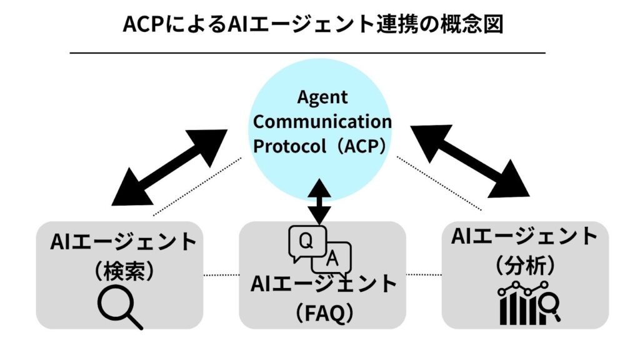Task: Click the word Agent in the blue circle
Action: (322, 98)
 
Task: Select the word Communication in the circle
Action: (322, 121)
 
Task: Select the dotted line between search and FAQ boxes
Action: (222, 274)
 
